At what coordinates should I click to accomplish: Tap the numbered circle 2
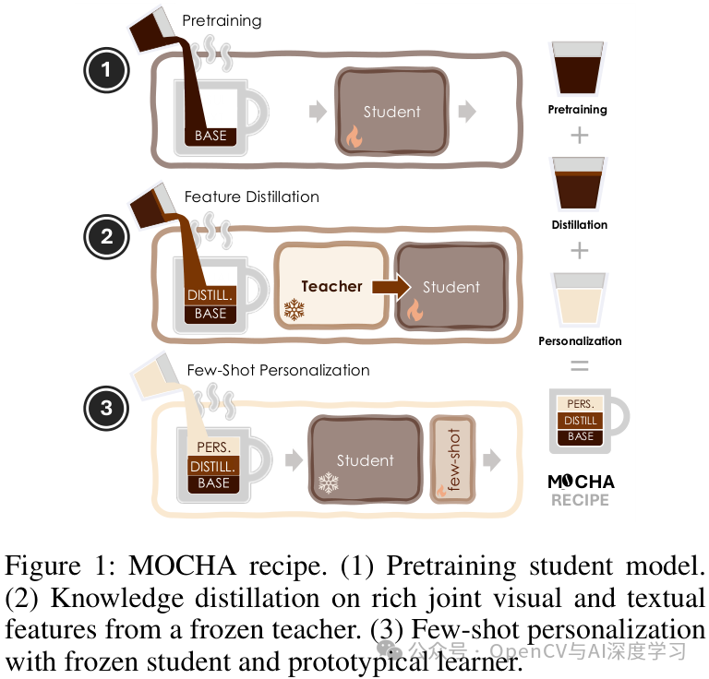click(106, 236)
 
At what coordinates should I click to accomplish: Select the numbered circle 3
click(106, 407)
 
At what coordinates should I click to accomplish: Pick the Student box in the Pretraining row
click(391, 111)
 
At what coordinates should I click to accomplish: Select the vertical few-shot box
click(453, 459)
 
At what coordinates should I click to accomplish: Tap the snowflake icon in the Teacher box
click(294, 309)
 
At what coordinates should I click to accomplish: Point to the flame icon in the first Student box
click(354, 137)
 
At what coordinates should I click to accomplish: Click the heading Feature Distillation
click(251, 197)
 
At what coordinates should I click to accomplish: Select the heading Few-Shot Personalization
click(278, 370)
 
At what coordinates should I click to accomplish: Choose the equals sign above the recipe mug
click(579, 365)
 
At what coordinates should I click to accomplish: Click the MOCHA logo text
click(581, 482)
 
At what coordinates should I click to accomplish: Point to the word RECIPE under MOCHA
click(581, 500)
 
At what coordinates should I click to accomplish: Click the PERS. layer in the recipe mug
click(581, 404)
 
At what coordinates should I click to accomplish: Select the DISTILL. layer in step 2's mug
click(210, 295)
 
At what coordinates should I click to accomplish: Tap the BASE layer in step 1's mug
click(210, 136)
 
